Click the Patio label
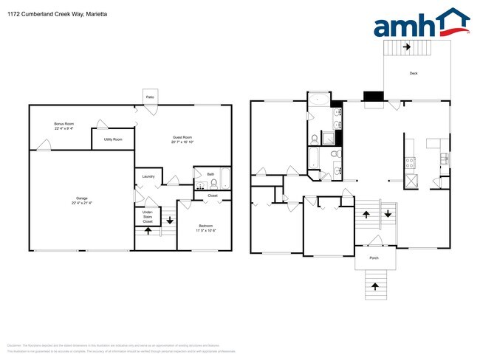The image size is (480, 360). [x=149, y=96]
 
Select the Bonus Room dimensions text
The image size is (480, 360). [x=64, y=128]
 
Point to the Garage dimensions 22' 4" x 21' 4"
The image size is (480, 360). [x=81, y=202]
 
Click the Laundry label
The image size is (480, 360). [x=148, y=176]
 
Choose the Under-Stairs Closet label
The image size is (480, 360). [x=148, y=217]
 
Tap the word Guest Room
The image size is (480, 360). [x=182, y=137]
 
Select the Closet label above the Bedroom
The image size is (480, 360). [x=212, y=195]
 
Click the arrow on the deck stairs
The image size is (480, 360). [x=406, y=46]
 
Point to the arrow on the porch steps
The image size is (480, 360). [x=375, y=285]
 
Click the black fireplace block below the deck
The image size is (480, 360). [x=373, y=96]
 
